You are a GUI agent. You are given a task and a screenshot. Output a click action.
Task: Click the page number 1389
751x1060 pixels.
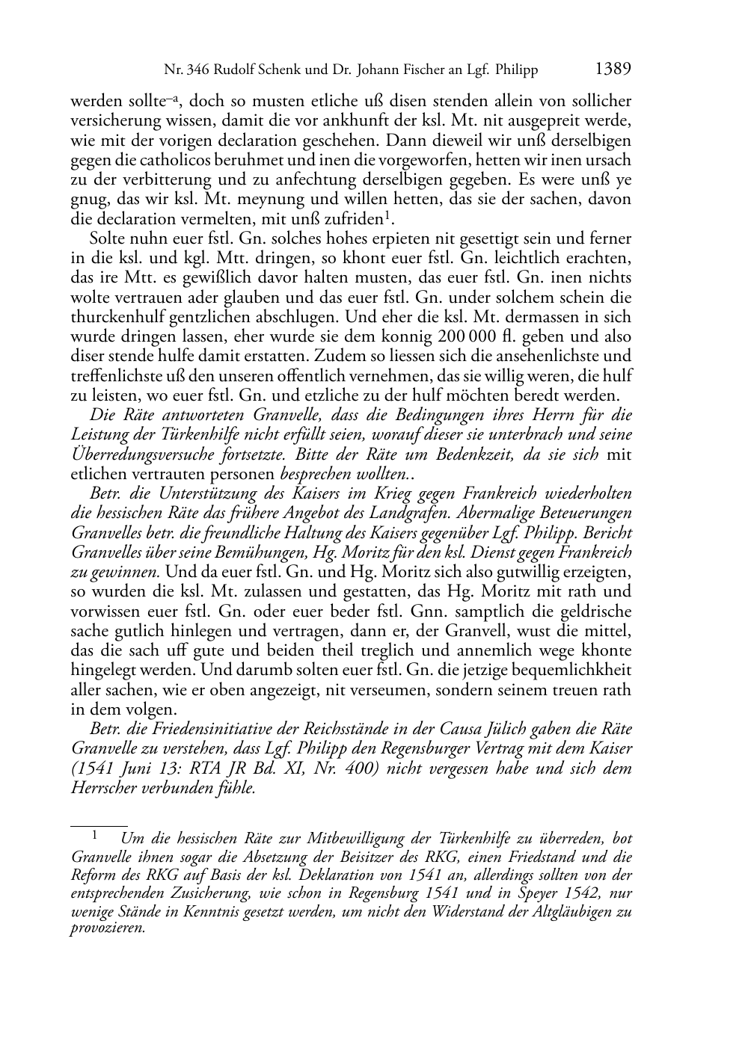click(x=613, y=70)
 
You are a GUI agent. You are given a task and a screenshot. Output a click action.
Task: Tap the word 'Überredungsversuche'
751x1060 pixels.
click(x=142, y=454)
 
